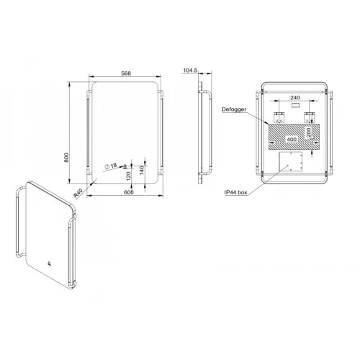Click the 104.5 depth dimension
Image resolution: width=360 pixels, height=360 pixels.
tap(190, 71)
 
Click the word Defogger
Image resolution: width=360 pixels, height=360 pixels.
tap(234, 109)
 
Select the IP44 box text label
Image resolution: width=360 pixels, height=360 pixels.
tap(235, 192)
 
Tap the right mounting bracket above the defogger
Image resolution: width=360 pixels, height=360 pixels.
tap(310, 116)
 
